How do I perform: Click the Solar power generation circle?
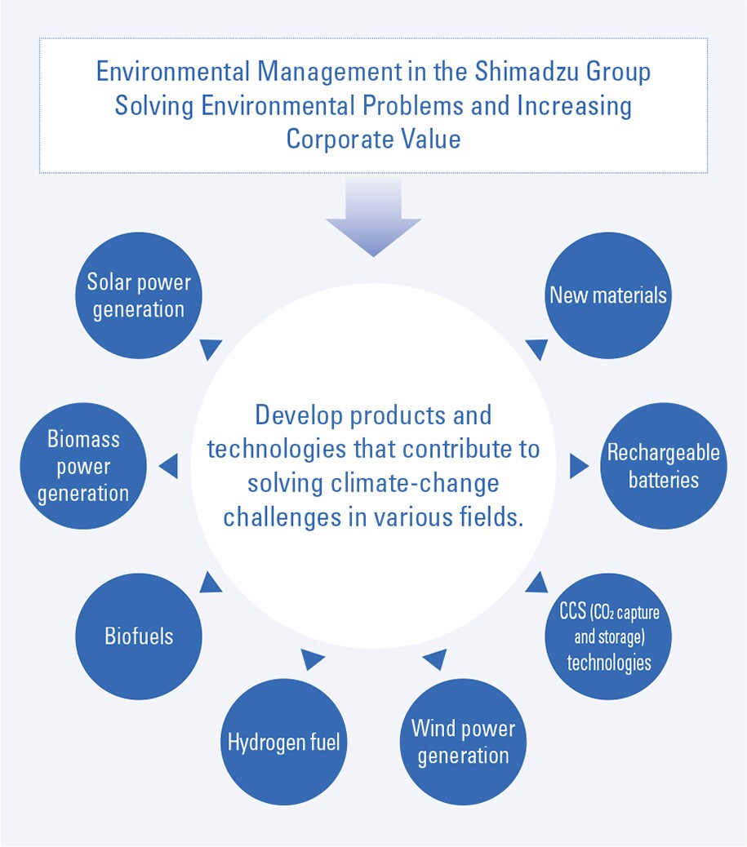coord(138,295)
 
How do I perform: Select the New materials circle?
coord(608,295)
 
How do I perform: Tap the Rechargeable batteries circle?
coord(664,466)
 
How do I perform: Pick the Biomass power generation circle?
coord(83,466)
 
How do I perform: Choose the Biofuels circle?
coord(138,636)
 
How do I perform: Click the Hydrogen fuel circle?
coord(284,742)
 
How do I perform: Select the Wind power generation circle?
coord(463,742)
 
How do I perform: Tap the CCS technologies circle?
coord(608,636)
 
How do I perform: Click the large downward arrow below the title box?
coord(374,216)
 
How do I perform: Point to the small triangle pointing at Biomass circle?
coord(169,466)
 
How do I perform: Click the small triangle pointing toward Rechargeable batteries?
coord(579,466)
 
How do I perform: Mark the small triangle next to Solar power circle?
coord(211,348)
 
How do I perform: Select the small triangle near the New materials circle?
coord(537,348)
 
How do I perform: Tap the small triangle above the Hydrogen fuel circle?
coord(311,659)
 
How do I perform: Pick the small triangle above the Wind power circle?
coord(436,659)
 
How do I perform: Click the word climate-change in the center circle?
coord(415,484)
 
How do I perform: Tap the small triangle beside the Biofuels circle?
coord(211,583)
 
